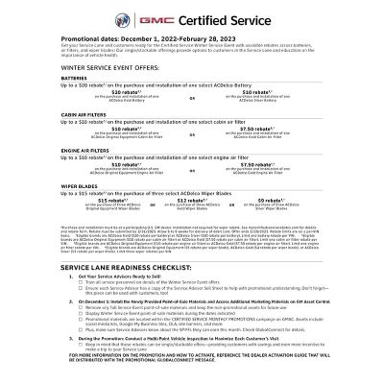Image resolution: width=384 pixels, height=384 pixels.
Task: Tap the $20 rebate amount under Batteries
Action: coord(126,92)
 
